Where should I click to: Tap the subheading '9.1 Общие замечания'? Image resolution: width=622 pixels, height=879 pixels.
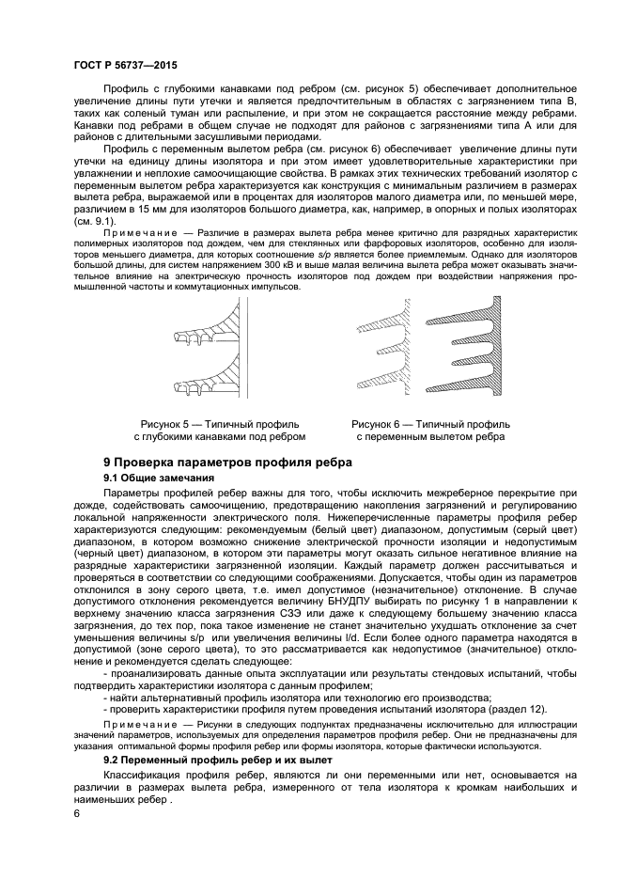pos(159,479)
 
